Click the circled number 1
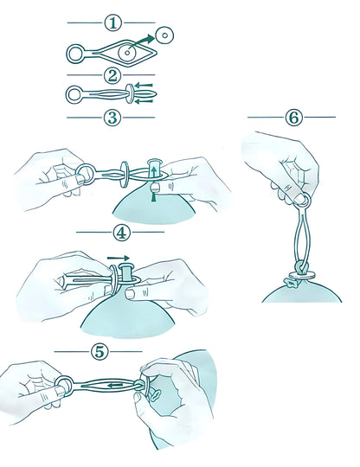click(x=113, y=23)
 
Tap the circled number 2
click(x=112, y=75)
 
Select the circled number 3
click(x=112, y=118)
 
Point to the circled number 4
click(x=122, y=233)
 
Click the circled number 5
click(x=100, y=351)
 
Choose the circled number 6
click(x=294, y=118)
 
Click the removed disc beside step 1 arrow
click(x=164, y=35)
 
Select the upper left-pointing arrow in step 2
click(x=144, y=86)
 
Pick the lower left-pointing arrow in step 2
click(x=144, y=101)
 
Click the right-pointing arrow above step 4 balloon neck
click(x=119, y=258)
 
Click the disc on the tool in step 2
click(x=130, y=94)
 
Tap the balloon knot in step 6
click(x=292, y=282)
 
